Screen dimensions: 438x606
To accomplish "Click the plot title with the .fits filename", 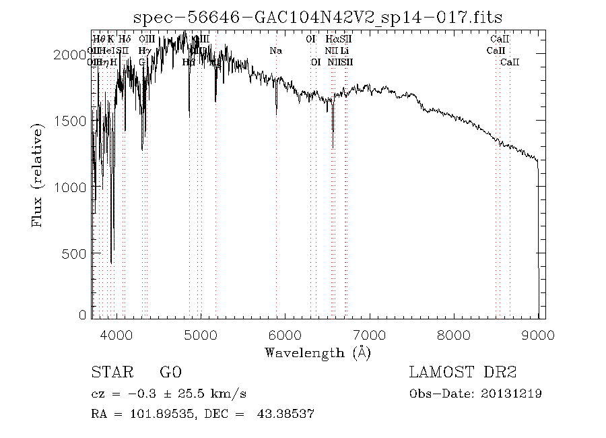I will [x=318, y=18].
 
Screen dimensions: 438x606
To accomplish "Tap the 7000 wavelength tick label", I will [x=369, y=335].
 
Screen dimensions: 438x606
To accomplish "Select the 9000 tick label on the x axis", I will [x=537, y=335].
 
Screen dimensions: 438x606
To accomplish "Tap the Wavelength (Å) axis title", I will [x=318, y=352].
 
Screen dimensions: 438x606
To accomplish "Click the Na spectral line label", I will [x=275, y=51].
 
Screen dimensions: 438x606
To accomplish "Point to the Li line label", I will [x=344, y=51].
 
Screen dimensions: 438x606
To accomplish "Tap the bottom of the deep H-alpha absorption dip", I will [x=333, y=147].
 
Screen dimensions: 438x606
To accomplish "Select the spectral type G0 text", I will [x=170, y=373].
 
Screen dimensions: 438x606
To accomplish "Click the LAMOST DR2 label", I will [x=463, y=373].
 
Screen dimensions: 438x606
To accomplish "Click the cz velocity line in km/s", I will [x=172, y=394].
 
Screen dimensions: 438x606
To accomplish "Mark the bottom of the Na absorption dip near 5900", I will [x=276, y=114].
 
